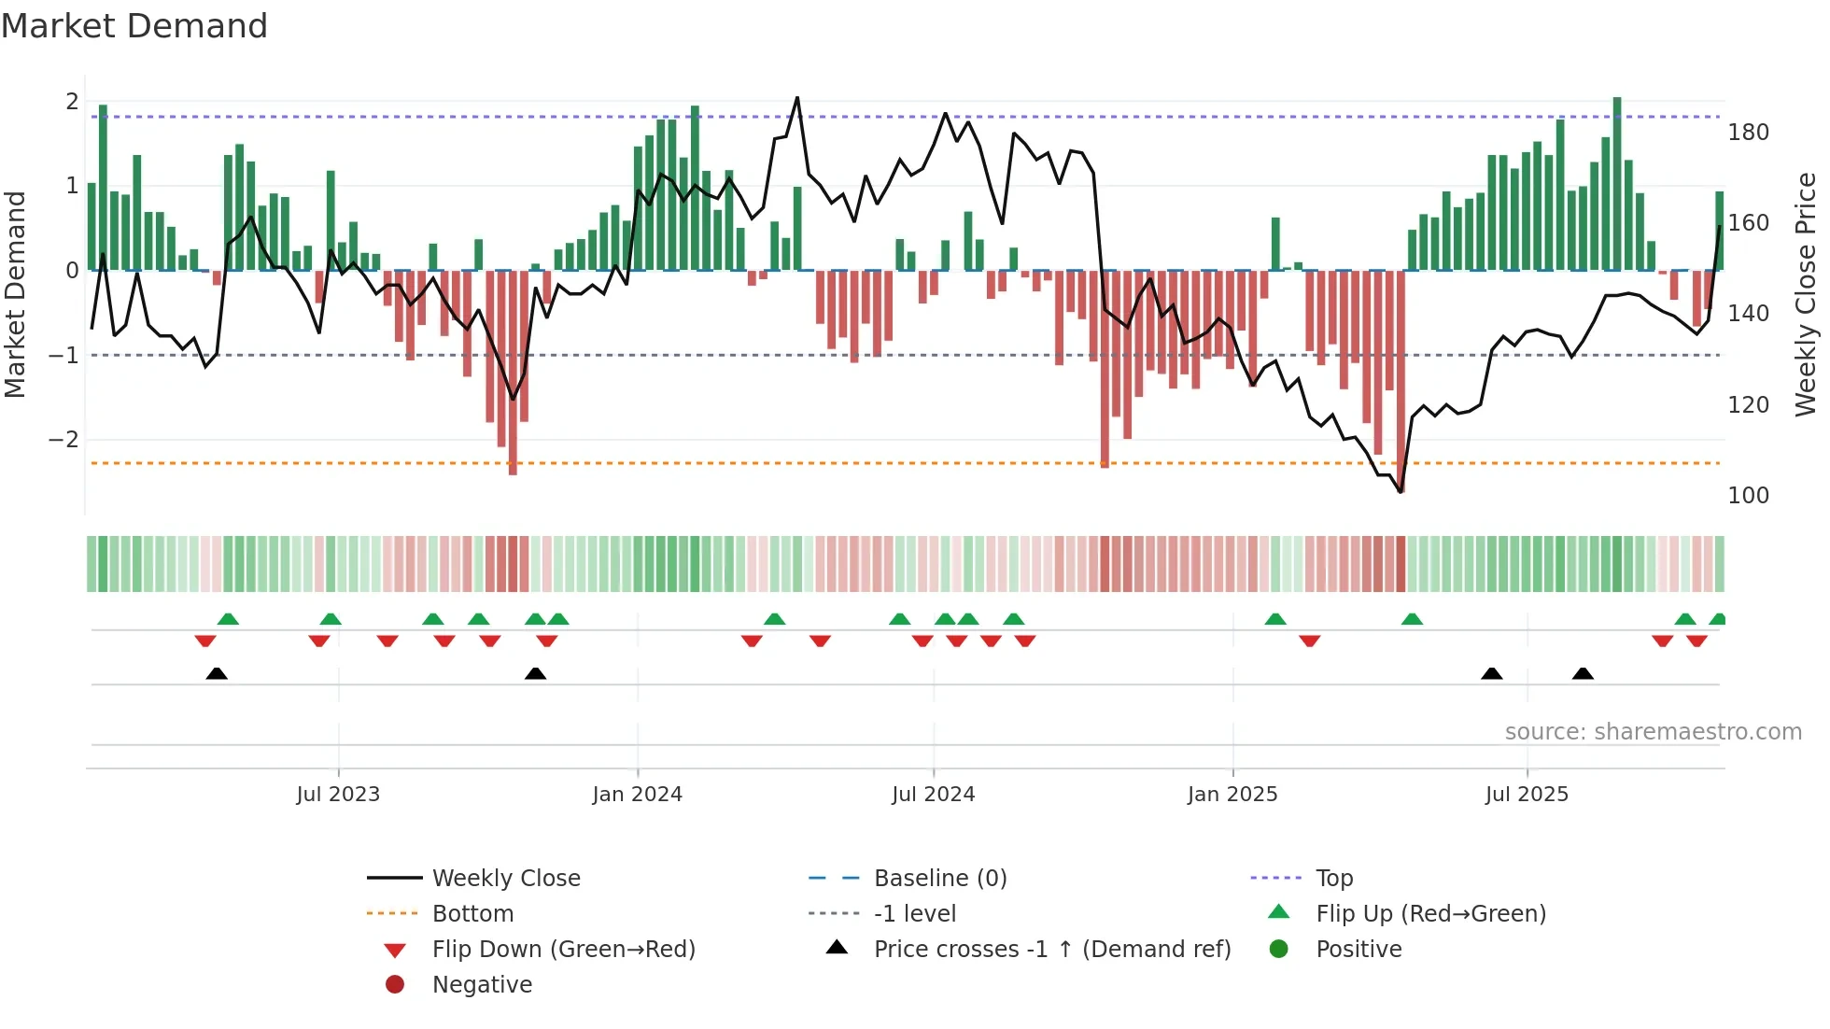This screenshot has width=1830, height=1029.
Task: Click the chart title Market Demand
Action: tap(134, 26)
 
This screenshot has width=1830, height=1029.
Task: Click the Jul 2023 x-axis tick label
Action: tap(338, 795)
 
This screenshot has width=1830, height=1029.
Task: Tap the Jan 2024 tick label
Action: tap(637, 795)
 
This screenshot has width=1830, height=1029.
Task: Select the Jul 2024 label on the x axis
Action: tap(933, 795)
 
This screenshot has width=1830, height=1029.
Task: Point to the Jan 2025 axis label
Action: tap(1232, 795)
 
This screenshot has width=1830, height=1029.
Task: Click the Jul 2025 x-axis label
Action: tap(1527, 795)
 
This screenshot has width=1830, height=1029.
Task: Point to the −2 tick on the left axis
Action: tap(64, 440)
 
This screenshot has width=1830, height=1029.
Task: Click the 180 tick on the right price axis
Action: tap(1748, 133)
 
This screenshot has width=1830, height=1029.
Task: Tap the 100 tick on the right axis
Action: tap(1748, 496)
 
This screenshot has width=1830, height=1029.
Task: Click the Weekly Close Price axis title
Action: tap(1806, 294)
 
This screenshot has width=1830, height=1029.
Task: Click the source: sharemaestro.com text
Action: tap(1653, 732)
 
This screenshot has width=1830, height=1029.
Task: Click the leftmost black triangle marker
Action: tap(217, 673)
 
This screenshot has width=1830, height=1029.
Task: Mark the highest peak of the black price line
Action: tap(796, 97)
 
